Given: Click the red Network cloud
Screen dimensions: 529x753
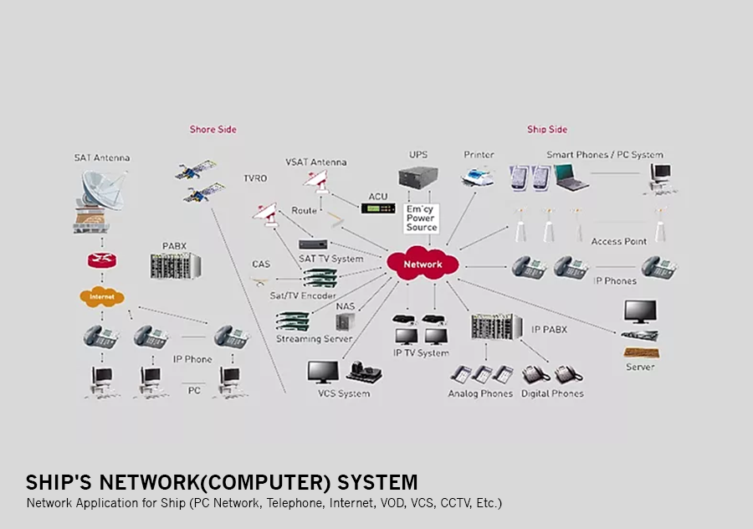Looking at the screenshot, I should pos(423,264).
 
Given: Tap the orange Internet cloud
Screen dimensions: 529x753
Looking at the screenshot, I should pos(101,296).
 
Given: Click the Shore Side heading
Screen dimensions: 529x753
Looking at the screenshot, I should pos(213,130).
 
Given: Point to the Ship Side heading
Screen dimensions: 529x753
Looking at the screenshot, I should pos(546,130).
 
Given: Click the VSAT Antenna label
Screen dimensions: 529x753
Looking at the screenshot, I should pos(315,162).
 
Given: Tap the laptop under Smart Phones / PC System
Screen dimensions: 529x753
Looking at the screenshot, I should pos(570,177).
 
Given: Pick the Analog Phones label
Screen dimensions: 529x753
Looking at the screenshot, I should pos(479,393).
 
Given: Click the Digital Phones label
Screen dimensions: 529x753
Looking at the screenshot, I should pos(552,393).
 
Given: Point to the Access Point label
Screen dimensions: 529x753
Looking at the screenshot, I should pos(618,242).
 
